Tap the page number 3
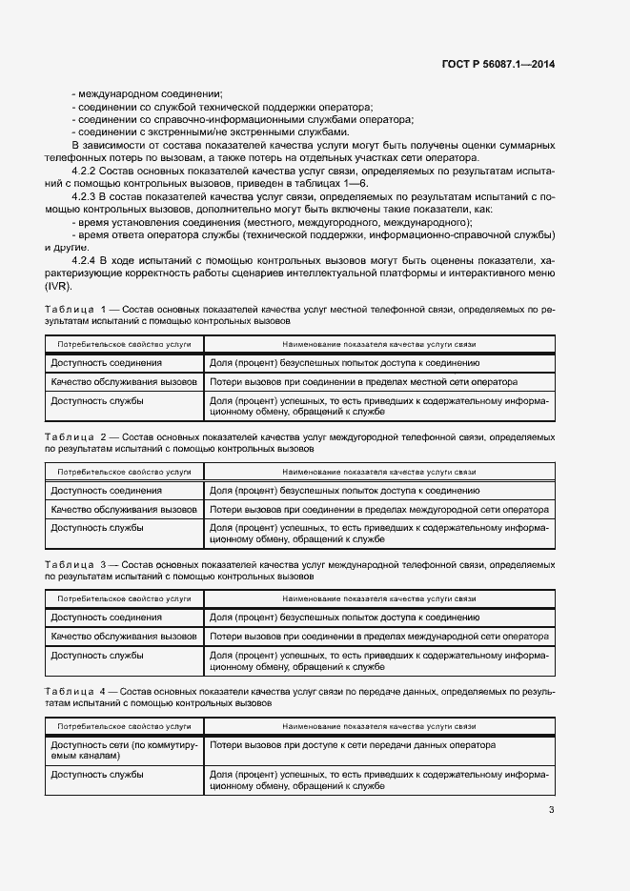pyautogui.click(x=551, y=810)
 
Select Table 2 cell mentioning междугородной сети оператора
pyautogui.click(x=378, y=509)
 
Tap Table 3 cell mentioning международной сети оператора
pyautogui.click(x=378, y=636)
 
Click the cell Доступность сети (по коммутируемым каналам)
pyautogui.click(x=124, y=750)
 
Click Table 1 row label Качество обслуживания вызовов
pyautogui.click(x=124, y=382)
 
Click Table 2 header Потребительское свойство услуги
pyautogui.click(x=124, y=471)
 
